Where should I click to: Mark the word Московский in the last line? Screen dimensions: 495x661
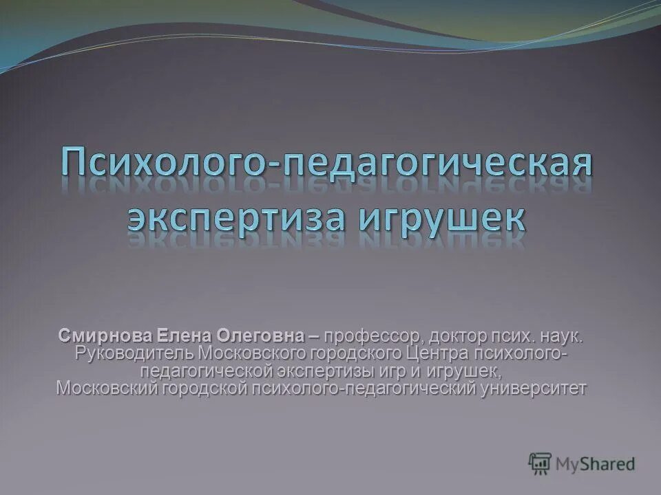(x=107, y=388)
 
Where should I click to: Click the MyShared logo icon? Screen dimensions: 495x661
(x=541, y=464)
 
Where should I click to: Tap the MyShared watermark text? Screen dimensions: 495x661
(x=596, y=464)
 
